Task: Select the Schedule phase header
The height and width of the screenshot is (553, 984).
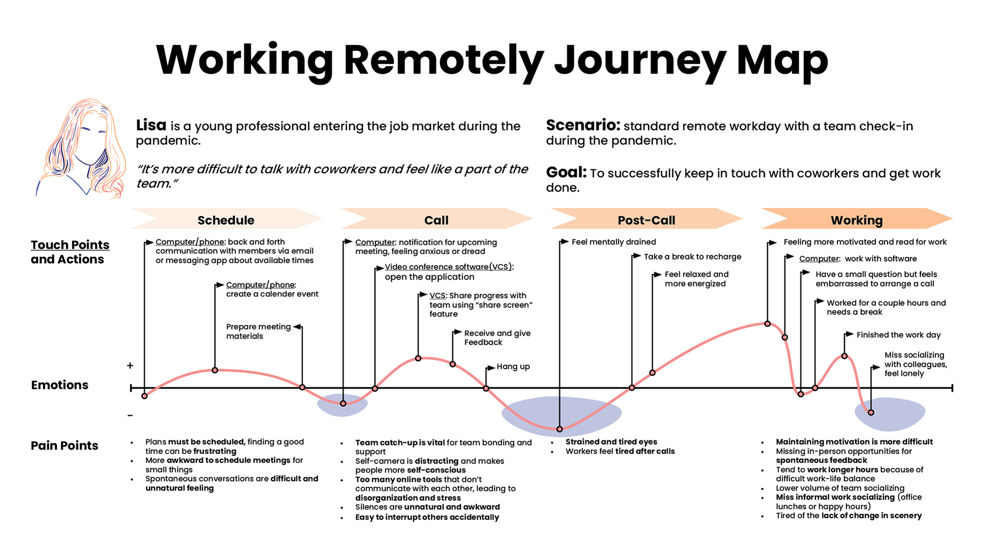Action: pyautogui.click(x=226, y=220)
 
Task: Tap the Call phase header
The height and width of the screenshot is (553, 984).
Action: pyautogui.click(x=436, y=220)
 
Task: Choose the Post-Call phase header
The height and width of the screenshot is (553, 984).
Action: pyautogui.click(x=646, y=220)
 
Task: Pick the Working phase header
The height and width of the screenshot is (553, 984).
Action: pyautogui.click(x=857, y=220)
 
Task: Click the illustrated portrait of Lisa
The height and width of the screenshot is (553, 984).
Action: pyautogui.click(x=82, y=149)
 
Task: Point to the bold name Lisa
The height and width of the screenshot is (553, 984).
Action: pyautogui.click(x=151, y=125)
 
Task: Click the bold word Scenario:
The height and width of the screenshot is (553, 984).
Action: pyautogui.click(x=583, y=125)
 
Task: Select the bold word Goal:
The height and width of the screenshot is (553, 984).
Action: pyautogui.click(x=566, y=173)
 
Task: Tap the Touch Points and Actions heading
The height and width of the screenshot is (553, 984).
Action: pyautogui.click(x=70, y=252)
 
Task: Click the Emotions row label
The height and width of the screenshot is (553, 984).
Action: pyautogui.click(x=59, y=385)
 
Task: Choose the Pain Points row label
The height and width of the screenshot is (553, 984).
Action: pyautogui.click(x=65, y=445)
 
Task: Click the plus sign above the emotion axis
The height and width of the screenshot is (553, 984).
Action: pyautogui.click(x=130, y=365)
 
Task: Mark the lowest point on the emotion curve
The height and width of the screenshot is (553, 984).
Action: pyautogui.click(x=559, y=429)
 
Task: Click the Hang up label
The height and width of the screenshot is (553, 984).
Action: pyautogui.click(x=513, y=366)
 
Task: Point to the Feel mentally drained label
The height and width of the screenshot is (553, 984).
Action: pyautogui.click(x=614, y=242)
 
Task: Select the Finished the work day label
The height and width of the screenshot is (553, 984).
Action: pyautogui.click(x=898, y=335)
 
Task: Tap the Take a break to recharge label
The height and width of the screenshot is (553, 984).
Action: pyautogui.click(x=693, y=257)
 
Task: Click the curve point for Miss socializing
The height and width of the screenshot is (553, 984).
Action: pyautogui.click(x=871, y=413)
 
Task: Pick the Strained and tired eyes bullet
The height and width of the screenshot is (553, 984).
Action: pyautogui.click(x=611, y=442)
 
